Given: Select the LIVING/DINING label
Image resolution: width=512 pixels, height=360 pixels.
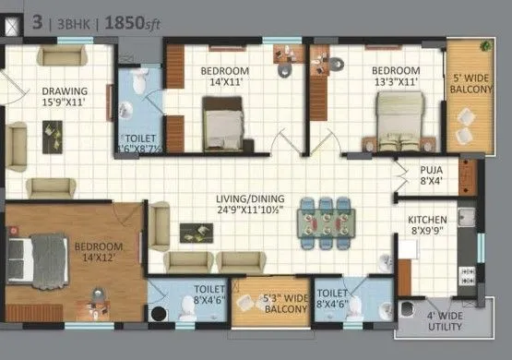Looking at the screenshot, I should pyautogui.click(x=250, y=198).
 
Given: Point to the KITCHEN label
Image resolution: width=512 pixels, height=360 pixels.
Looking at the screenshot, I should pyautogui.click(x=427, y=220).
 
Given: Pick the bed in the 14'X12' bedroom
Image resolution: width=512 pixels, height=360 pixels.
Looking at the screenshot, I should pyautogui.click(x=36, y=253).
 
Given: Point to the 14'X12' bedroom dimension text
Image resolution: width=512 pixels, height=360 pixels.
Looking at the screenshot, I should pyautogui.click(x=99, y=258).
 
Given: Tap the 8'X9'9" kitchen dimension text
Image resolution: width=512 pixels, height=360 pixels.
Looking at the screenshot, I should pyautogui.click(x=427, y=233).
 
